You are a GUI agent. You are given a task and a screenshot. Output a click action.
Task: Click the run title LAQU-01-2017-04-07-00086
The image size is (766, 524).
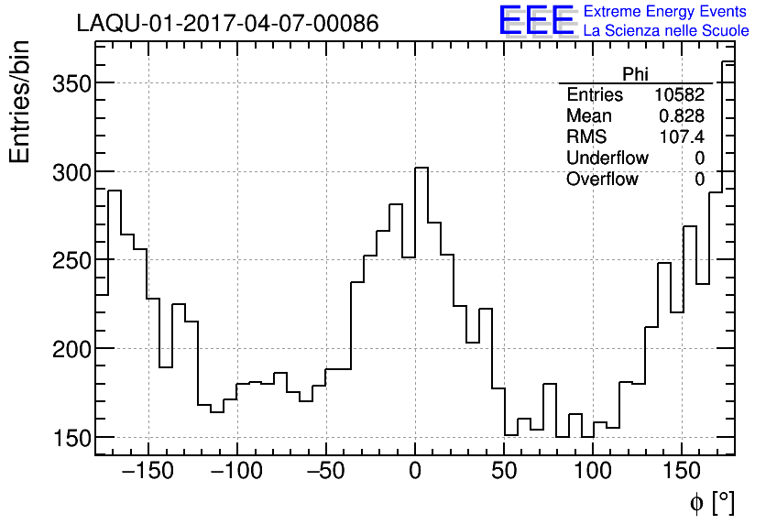[227, 24]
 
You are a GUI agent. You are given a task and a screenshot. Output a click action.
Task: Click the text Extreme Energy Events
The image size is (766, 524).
[666, 12]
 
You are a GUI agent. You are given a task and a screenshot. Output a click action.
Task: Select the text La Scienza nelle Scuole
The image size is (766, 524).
[666, 31]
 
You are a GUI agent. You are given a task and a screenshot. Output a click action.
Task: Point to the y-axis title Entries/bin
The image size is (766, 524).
[20, 102]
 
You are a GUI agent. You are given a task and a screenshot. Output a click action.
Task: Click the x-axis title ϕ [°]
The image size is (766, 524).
[711, 502]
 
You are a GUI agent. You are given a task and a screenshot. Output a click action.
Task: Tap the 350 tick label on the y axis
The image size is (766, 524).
[67, 83]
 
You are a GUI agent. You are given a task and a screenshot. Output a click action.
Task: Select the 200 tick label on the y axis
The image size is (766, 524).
[67, 349]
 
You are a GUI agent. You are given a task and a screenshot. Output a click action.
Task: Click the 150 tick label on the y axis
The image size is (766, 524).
[67, 438]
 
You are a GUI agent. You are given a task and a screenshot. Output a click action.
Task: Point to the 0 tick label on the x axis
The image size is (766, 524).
[415, 471]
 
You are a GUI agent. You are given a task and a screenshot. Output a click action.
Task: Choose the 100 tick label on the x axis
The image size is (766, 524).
[593, 471]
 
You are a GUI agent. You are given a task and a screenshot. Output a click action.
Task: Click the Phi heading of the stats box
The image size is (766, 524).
[636, 74]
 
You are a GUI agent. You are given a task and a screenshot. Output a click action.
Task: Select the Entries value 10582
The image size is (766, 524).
[679, 95]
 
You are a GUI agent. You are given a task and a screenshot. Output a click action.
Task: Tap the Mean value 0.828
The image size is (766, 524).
[682, 116]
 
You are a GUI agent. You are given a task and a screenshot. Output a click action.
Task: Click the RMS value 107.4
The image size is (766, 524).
[682, 136]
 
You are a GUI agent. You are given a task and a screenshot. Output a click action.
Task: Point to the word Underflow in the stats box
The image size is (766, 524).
[607, 158]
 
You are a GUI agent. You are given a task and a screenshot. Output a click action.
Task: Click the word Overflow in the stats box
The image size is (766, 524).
[602, 179]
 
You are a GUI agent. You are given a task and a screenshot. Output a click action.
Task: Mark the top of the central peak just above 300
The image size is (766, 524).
[421, 168]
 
